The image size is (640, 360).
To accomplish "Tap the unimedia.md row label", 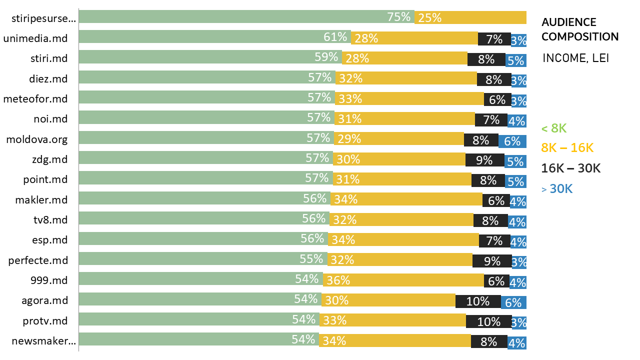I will pos(35,38).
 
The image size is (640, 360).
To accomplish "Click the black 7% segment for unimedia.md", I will pos(494,38).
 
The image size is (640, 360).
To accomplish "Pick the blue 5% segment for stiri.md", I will pos(516,60).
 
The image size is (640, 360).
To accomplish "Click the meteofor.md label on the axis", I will pos(35,98).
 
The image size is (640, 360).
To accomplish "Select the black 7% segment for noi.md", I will pos(491,119).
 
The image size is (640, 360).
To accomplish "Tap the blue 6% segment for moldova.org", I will pos(512,141).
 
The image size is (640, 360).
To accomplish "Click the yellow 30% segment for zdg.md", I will pos(398,159).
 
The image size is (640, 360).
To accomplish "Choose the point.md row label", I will pos(45,179).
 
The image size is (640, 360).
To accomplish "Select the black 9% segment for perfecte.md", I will pos(492,260).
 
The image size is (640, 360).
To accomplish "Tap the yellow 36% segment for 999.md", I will pos(403,280).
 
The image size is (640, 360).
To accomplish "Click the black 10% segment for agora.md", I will pos(478,301).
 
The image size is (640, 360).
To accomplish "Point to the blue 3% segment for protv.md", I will pos(519,322).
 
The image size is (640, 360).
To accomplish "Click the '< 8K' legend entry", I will pos(554,128).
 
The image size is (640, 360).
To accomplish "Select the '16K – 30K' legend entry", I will pos(571,168).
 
